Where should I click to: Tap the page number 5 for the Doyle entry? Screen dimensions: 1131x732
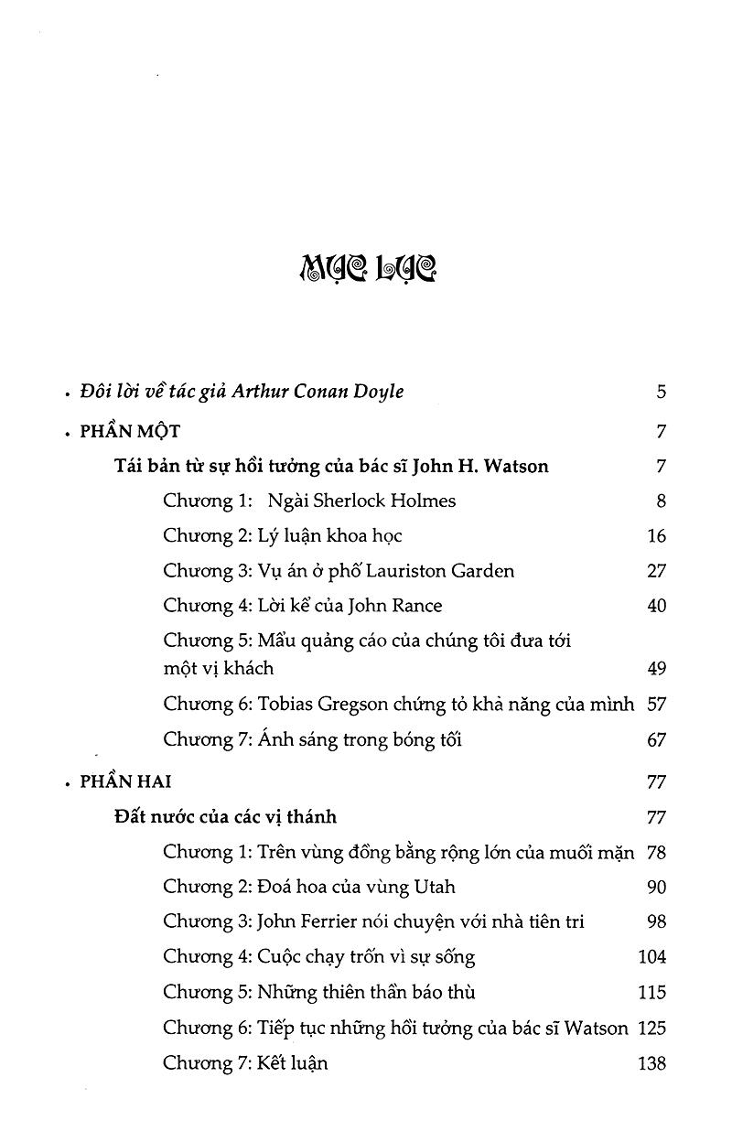[661, 393]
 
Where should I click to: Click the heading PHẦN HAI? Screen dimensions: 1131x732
[125, 782]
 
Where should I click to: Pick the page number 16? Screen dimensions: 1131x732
[656, 536]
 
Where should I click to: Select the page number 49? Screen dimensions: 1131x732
[656, 669]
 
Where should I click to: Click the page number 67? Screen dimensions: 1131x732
[656, 739]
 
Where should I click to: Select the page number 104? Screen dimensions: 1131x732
[651, 957]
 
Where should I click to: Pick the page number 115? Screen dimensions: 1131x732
[651, 992]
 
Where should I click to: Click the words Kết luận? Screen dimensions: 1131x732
[293, 1062]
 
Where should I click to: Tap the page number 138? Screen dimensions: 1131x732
[651, 1063]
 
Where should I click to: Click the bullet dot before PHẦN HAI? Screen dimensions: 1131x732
[68, 785]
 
